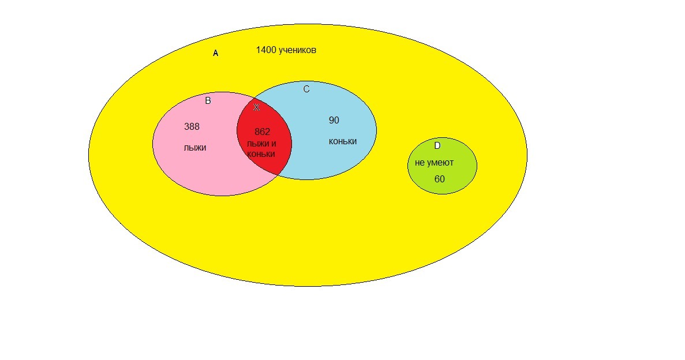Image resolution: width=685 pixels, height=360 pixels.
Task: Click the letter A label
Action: pos(216,53)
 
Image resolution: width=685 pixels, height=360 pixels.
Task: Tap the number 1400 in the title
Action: pos(265,50)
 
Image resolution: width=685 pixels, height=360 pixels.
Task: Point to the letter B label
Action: pos(208,101)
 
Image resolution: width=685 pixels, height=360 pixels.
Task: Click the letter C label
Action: pos(306,89)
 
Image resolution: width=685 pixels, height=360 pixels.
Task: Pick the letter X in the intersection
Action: pos(256,108)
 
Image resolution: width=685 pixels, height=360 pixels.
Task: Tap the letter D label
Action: pos(437,146)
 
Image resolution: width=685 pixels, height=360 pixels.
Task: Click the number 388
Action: pos(192,127)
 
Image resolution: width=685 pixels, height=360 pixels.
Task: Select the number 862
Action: pos(262,132)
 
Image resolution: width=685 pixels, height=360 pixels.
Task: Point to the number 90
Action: pos(334,121)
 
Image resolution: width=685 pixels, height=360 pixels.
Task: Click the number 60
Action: pos(440,179)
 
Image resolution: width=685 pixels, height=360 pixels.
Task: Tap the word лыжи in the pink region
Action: pos(195,148)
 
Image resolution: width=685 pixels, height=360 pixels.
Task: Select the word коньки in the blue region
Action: pos(343,141)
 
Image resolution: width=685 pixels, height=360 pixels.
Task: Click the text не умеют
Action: pos(434,163)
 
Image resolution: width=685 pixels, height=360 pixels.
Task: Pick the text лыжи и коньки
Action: pos(261,149)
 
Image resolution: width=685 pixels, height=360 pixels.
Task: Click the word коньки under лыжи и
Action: pos(261,154)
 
